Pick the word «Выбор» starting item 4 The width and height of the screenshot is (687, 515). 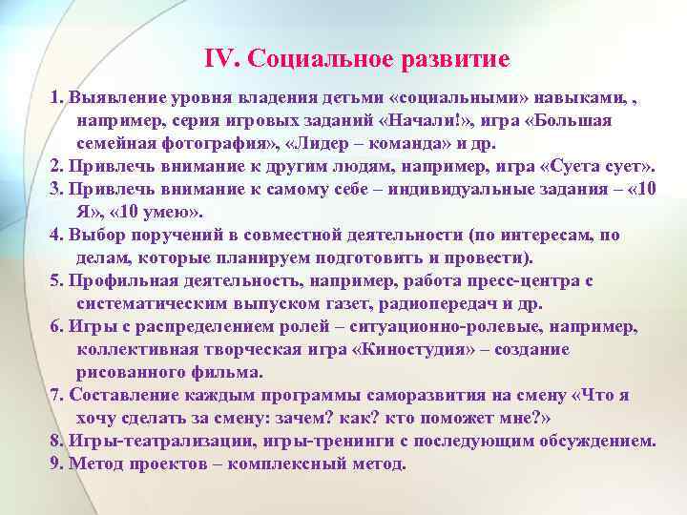click(94, 235)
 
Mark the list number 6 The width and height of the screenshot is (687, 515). click(55, 326)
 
